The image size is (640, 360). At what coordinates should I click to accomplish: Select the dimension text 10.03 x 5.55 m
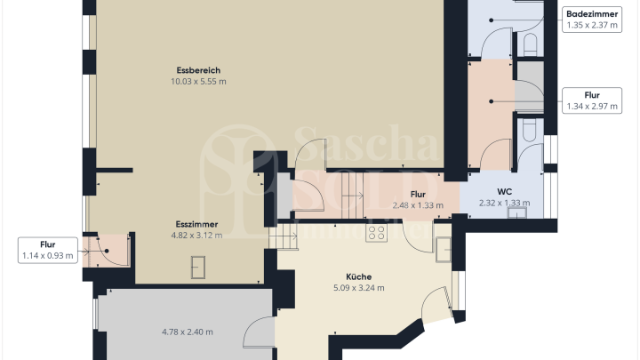(197, 82)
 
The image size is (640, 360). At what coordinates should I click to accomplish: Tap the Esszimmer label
(197, 224)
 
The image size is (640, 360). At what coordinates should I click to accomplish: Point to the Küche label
(358, 276)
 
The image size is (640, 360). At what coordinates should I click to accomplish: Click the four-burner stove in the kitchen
(376, 234)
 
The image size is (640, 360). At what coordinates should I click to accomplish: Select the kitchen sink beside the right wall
(444, 249)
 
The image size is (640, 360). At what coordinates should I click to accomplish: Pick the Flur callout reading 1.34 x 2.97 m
(590, 100)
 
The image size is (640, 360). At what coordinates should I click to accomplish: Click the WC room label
(503, 190)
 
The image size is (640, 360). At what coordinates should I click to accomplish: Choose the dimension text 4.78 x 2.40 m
(187, 332)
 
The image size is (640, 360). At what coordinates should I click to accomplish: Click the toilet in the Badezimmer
(531, 44)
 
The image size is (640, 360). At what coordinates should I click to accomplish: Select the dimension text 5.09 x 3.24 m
(358, 288)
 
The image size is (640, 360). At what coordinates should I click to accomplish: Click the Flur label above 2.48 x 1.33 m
(417, 194)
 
